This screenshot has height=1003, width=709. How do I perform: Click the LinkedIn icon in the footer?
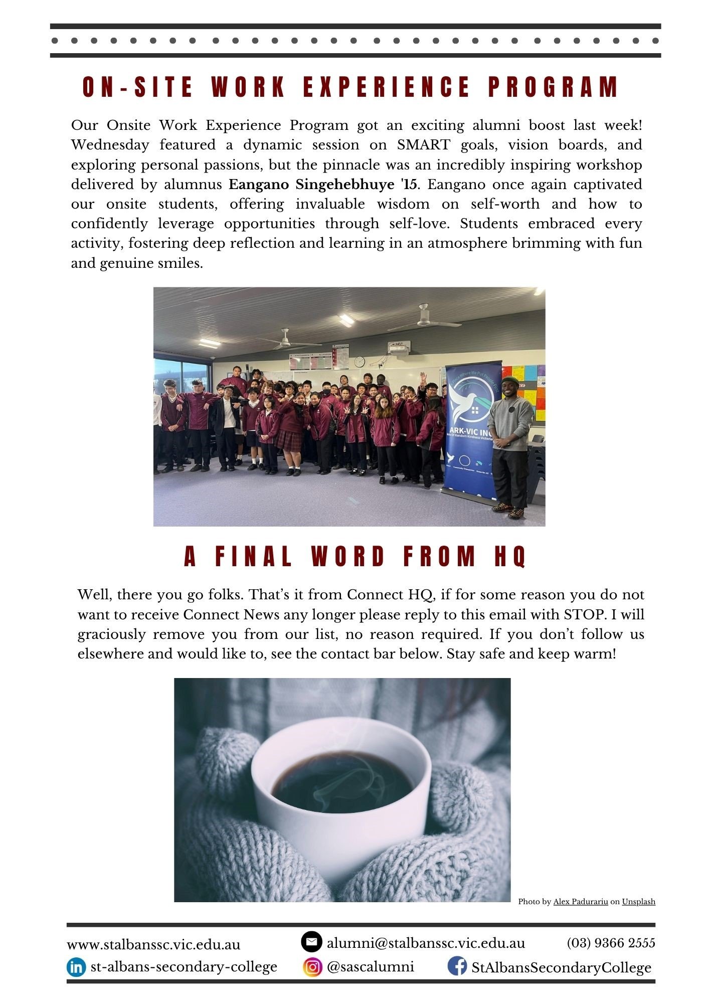tap(76, 967)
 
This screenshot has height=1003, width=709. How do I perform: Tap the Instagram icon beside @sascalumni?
tap(312, 966)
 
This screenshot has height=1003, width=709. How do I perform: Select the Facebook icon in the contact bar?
tap(457, 966)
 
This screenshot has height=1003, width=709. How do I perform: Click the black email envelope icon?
tap(311, 942)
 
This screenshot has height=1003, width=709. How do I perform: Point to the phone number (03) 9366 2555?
tap(611, 943)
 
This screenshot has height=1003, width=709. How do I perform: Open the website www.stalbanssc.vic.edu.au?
tap(153, 944)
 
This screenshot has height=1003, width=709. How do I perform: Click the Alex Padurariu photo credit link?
tap(580, 902)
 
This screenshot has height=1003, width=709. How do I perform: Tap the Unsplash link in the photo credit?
tap(638, 902)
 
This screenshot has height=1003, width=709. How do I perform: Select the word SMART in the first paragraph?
tap(423, 145)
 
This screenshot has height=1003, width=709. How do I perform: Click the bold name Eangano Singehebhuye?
tap(311, 185)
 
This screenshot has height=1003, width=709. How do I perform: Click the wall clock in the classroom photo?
tap(359, 361)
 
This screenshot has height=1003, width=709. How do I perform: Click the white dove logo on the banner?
tap(466, 401)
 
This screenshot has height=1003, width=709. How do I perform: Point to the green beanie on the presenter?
tap(510, 380)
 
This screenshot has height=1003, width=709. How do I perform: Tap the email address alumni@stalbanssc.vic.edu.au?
tap(426, 943)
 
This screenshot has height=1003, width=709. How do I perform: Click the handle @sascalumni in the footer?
tap(370, 966)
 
